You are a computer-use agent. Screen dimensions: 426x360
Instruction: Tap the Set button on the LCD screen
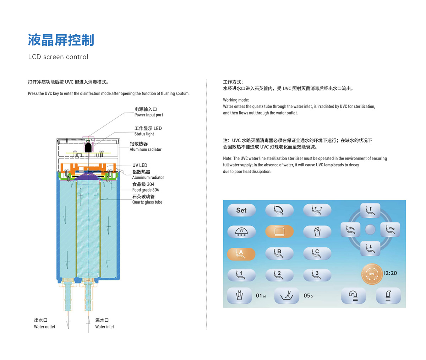(241, 210)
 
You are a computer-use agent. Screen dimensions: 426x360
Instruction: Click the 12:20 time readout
(390, 273)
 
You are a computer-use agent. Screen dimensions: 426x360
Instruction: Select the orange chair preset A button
(241, 254)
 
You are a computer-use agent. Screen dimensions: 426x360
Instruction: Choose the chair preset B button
(279, 253)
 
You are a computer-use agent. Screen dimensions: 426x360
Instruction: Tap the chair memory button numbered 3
(317, 275)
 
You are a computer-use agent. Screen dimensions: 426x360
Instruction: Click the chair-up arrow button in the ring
(370, 210)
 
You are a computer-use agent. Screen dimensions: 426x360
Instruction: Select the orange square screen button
(279, 231)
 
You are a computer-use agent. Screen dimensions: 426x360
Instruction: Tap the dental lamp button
(241, 232)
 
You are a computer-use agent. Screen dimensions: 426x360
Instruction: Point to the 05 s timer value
(308, 296)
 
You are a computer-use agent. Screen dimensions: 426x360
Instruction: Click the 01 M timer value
(261, 296)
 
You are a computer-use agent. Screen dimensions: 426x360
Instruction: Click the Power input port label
(148, 115)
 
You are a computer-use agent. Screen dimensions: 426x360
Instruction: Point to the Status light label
(144, 134)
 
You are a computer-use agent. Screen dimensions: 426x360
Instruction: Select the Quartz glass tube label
(147, 202)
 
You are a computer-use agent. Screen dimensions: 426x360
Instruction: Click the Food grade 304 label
(145, 190)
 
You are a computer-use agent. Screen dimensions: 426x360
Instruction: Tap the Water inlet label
(104, 327)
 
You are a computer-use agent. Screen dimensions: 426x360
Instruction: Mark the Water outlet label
(44, 327)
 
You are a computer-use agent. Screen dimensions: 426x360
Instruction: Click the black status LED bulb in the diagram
(88, 147)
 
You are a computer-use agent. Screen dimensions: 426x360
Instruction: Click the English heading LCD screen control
(58, 57)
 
